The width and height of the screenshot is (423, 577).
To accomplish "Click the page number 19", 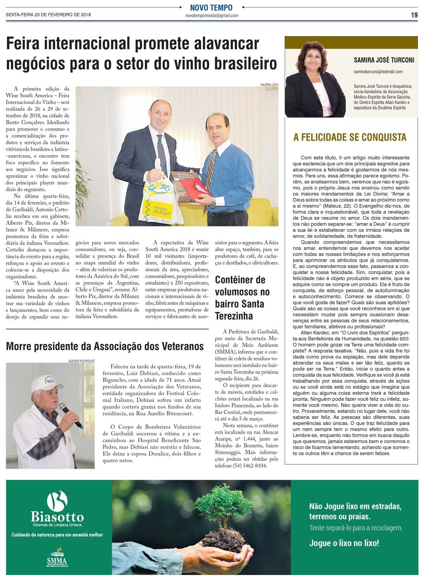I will click(x=414, y=15).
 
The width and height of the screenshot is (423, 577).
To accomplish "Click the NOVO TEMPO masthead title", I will click(x=211, y=8).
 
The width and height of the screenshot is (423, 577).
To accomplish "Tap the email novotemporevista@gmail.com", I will click(x=211, y=16).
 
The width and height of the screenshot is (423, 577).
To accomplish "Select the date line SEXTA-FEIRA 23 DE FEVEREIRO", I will click(x=48, y=15).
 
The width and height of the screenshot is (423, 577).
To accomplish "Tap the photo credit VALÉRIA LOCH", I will click(x=269, y=85).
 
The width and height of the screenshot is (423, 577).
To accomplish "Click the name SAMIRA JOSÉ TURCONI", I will click(x=383, y=60).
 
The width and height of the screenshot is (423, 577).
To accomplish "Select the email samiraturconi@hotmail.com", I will click(x=378, y=72).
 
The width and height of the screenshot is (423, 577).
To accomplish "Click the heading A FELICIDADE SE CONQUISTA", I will click(x=350, y=137).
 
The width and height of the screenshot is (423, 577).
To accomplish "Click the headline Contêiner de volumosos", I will click(x=240, y=297).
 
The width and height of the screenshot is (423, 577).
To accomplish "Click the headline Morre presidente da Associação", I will click(x=105, y=346).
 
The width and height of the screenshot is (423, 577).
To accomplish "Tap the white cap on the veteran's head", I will click(x=42, y=382).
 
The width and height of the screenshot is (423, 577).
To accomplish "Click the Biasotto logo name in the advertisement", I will click(x=57, y=517).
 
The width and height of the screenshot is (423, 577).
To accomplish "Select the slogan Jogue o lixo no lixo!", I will click(x=344, y=543).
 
